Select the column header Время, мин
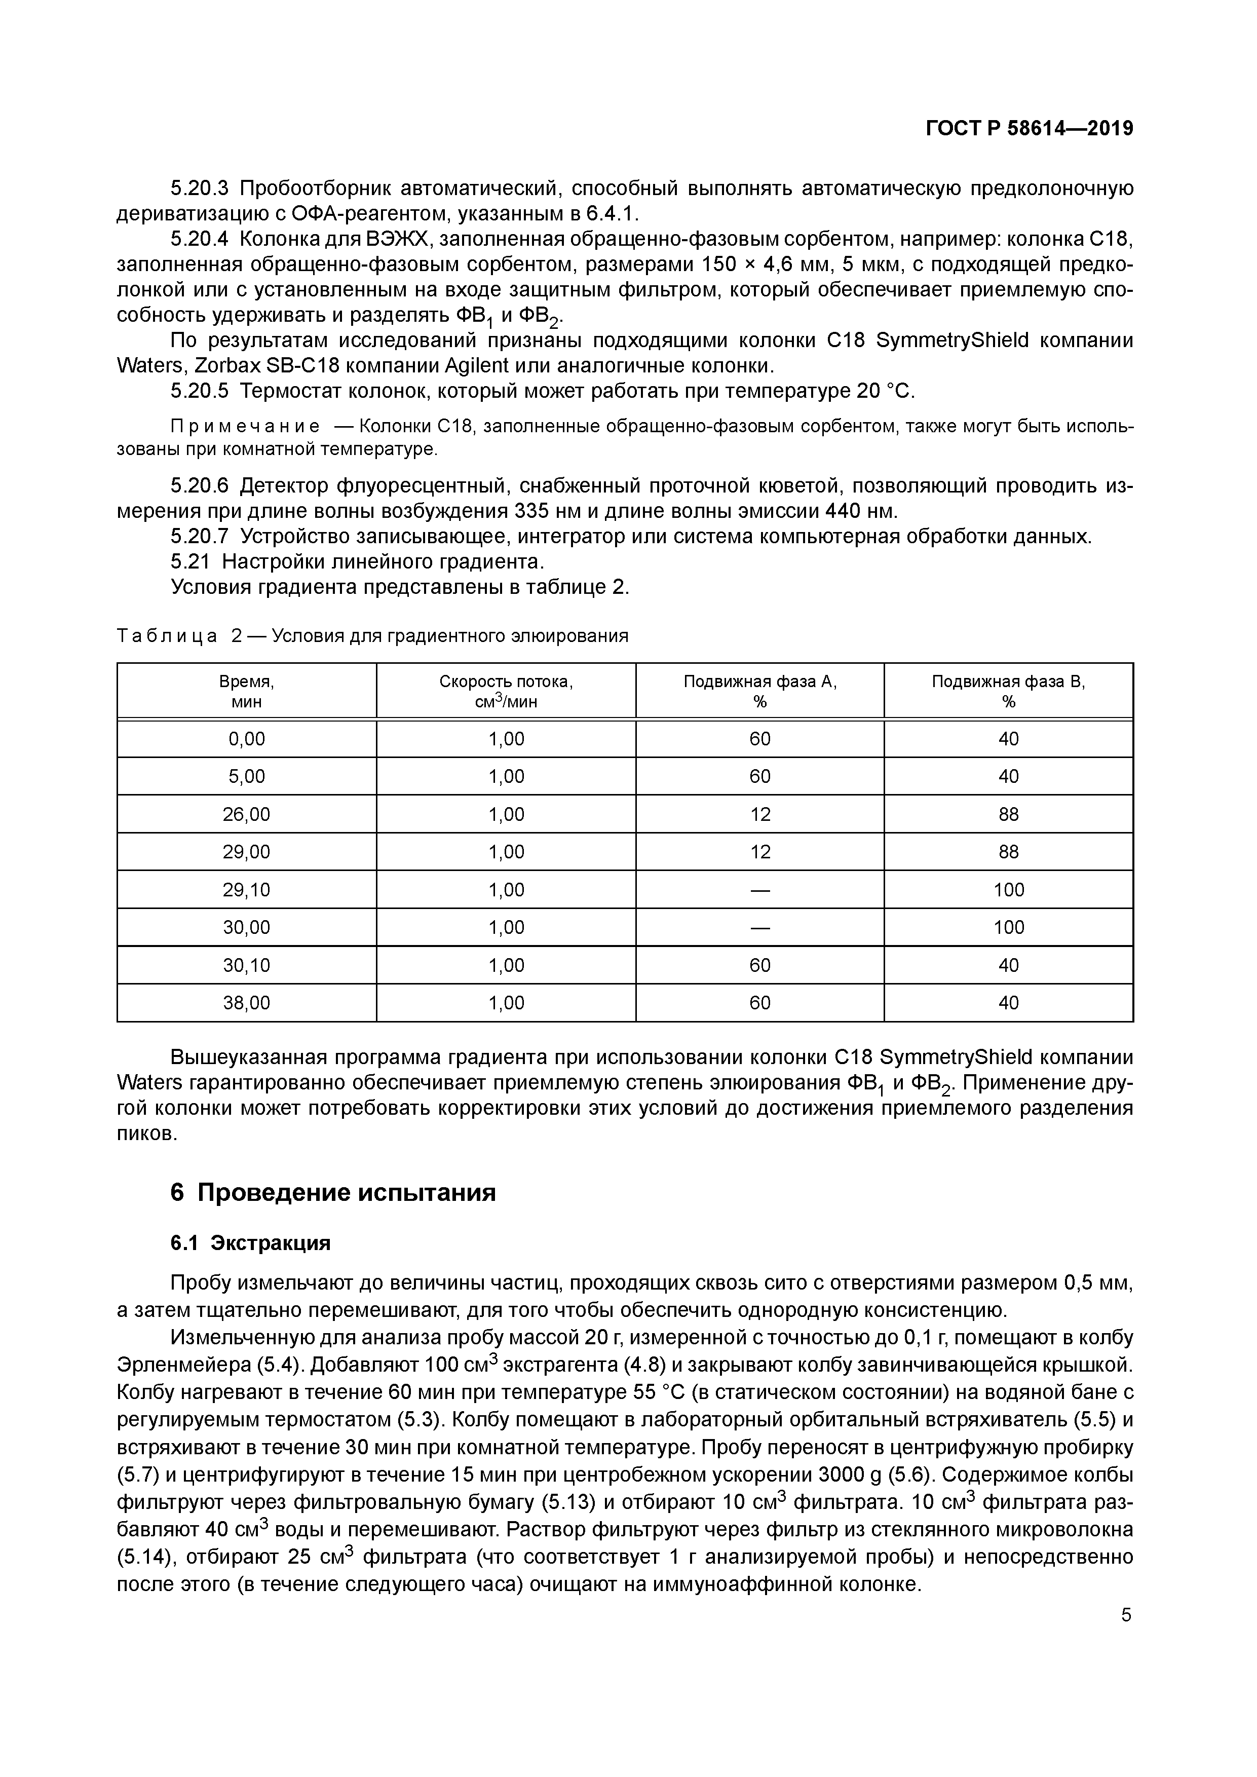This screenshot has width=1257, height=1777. (x=246, y=691)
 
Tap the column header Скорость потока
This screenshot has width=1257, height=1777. (x=506, y=691)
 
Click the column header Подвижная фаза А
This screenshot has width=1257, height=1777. (x=759, y=691)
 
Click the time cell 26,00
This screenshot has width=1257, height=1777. (x=246, y=814)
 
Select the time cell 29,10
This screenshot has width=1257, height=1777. (x=246, y=889)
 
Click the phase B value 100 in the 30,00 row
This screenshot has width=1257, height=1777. (x=1009, y=927)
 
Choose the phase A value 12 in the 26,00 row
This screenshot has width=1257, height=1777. (x=759, y=814)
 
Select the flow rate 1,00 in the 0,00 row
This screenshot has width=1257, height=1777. (x=506, y=739)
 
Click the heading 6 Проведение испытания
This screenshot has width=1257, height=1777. (x=333, y=1193)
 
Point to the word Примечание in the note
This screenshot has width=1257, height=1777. (x=245, y=427)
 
